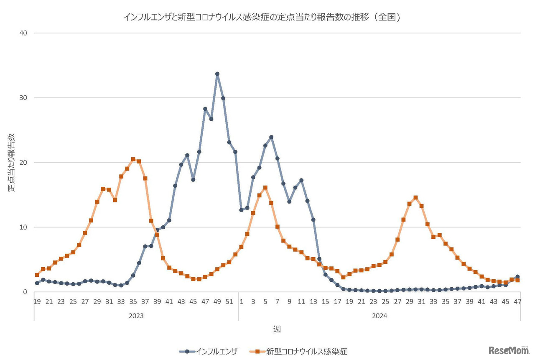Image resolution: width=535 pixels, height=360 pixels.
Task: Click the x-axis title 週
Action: pos(277,329)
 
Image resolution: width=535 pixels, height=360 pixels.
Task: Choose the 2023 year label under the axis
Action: pos(136,316)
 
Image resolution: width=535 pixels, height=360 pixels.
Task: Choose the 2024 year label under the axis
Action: pos(380,316)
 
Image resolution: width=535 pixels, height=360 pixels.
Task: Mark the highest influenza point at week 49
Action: pos(217,74)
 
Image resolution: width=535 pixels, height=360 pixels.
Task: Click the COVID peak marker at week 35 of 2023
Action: pos(133,159)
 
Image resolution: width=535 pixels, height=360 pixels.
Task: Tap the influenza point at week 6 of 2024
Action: pos(271,137)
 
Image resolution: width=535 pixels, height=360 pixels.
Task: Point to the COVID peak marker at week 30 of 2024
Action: pos(415,198)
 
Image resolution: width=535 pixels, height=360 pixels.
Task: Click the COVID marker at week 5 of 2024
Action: pos(265,188)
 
